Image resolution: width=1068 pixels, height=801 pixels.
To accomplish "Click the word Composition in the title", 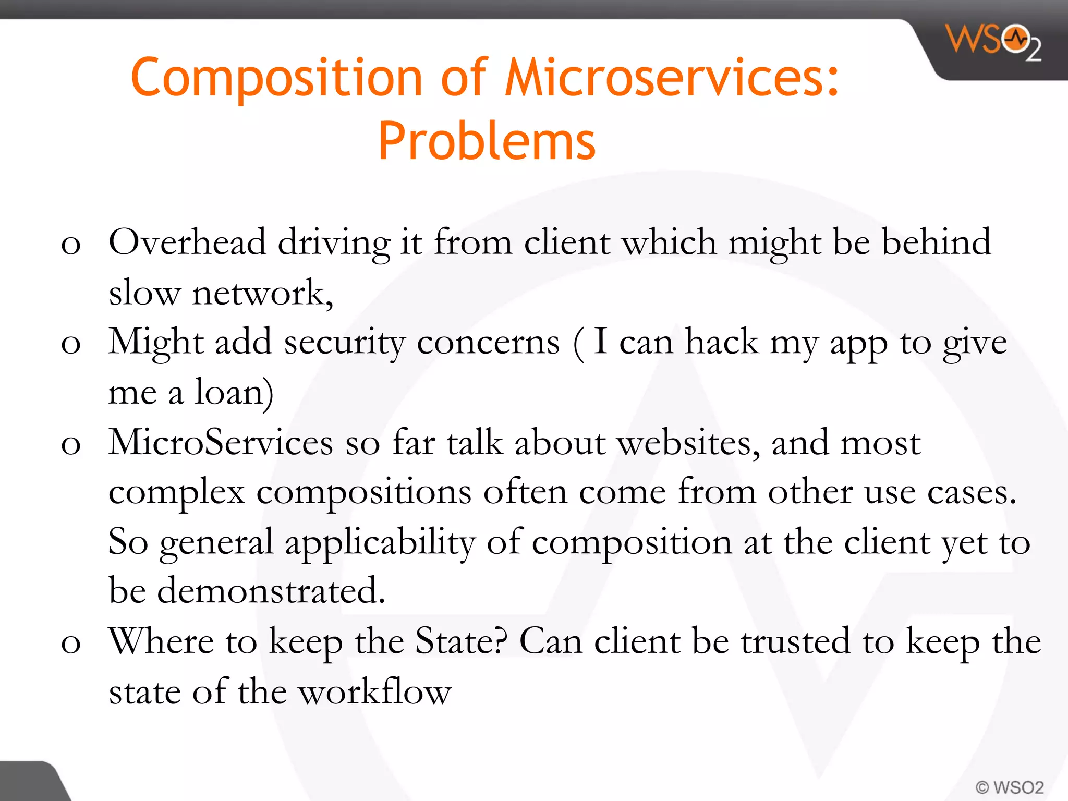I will [x=276, y=78].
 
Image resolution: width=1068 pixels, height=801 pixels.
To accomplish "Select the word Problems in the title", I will [x=487, y=141].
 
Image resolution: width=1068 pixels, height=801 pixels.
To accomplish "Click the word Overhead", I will [x=187, y=242].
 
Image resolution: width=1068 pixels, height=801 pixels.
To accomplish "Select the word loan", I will [x=234, y=392].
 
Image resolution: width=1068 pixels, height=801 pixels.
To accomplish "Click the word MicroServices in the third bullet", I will [x=221, y=442].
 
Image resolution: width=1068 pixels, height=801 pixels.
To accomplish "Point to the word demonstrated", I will [x=271, y=591].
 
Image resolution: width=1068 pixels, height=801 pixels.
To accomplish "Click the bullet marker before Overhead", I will [x=71, y=245].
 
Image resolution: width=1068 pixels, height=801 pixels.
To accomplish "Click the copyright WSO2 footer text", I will [x=1009, y=787].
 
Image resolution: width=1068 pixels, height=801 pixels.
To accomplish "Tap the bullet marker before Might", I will [x=71, y=345].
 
